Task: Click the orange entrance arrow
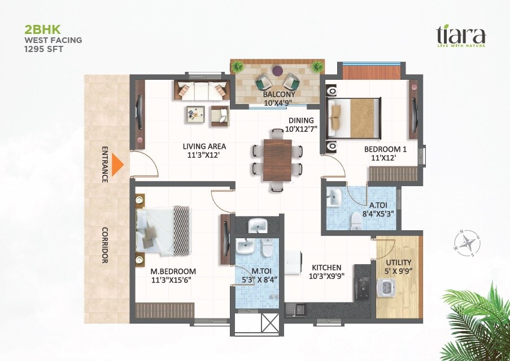click(117, 165)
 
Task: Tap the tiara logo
click(460, 36)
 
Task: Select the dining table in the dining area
click(277, 160)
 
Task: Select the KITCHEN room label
click(326, 268)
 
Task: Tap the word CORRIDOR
click(105, 245)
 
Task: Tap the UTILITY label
click(398, 263)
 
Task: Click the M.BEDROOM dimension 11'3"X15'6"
click(173, 280)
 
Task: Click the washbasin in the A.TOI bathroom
click(334, 198)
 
